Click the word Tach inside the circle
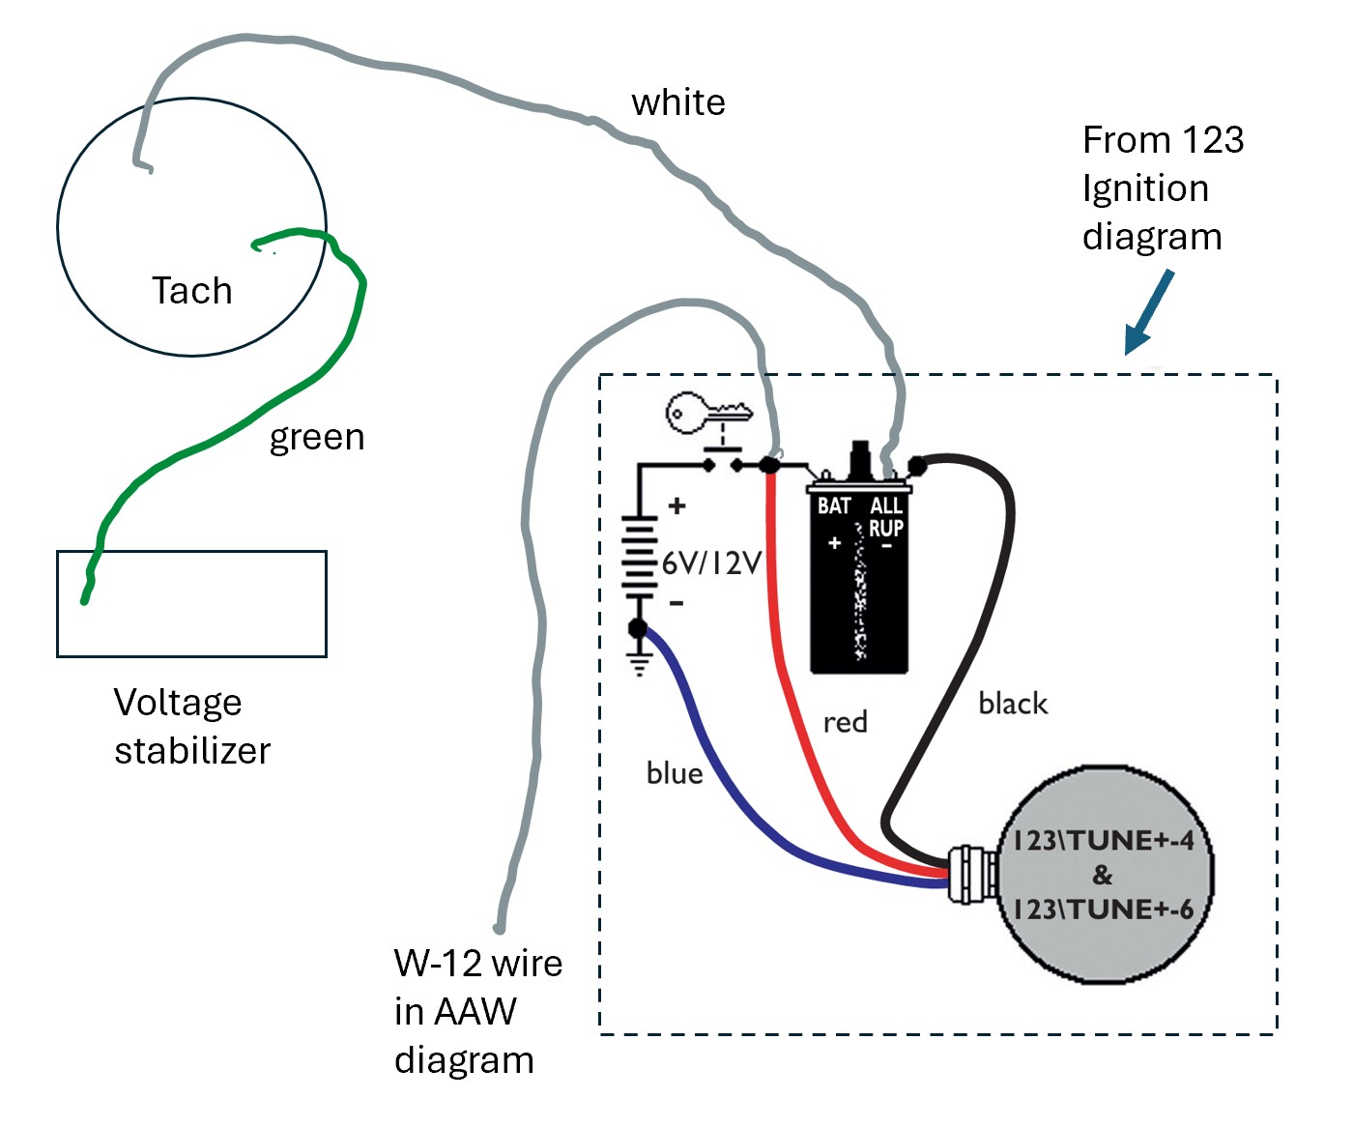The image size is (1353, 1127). pyautogui.click(x=191, y=290)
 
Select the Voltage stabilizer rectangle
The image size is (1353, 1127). pyautogui.click(x=191, y=604)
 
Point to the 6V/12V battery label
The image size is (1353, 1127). pyautogui.click(x=712, y=563)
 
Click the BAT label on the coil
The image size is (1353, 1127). pyautogui.click(x=833, y=506)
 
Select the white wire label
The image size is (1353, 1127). pyautogui.click(x=677, y=102)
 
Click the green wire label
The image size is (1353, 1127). pyautogui.click(x=316, y=438)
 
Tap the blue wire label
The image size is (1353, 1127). pyautogui.click(x=674, y=773)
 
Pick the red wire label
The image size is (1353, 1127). pyautogui.click(x=845, y=722)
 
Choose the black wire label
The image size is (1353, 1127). pyautogui.click(x=1012, y=704)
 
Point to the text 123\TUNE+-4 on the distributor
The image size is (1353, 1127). pyautogui.click(x=1102, y=840)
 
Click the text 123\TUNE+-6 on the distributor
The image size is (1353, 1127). pyautogui.click(x=1102, y=910)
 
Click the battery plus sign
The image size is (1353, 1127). pyautogui.click(x=676, y=506)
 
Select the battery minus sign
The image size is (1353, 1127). pyautogui.click(x=676, y=603)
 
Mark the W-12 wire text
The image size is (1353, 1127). pyautogui.click(x=477, y=964)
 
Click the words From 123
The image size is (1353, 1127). pyautogui.click(x=1163, y=140)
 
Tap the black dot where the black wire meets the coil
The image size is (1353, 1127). pyautogui.click(x=917, y=467)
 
